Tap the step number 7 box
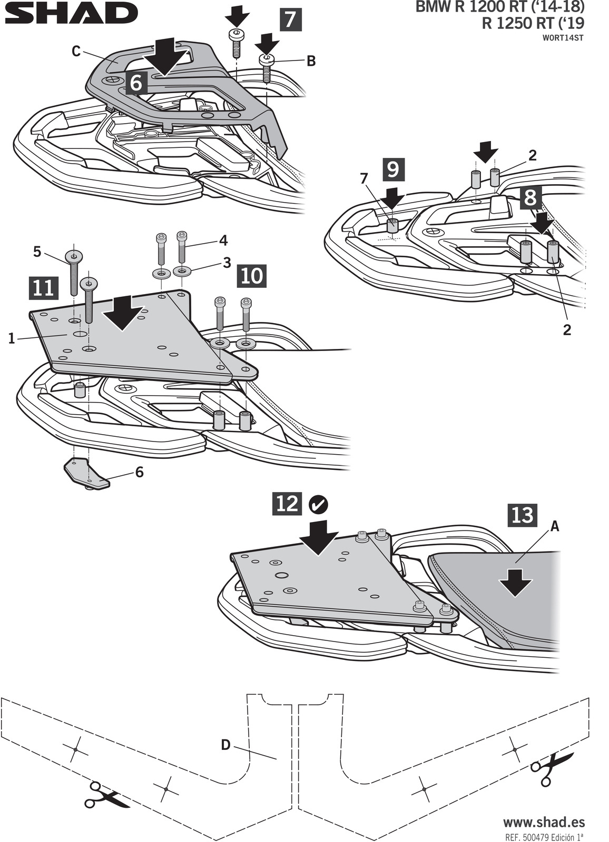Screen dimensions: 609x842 [290, 20]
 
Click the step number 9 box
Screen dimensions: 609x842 [393, 170]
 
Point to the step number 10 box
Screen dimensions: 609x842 [252, 276]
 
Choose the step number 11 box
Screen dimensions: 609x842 [44, 289]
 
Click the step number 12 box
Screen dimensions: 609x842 [287, 503]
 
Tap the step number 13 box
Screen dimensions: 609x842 [523, 515]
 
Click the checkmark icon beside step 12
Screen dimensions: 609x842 [318, 505]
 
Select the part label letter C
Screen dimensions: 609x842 [76, 52]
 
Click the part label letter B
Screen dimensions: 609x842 [311, 61]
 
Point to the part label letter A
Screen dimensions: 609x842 [555, 527]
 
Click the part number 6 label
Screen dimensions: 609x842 [140, 472]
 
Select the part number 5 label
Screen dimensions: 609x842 [37, 252]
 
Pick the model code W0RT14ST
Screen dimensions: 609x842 [562, 37]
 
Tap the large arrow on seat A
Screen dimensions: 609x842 [515, 583]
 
